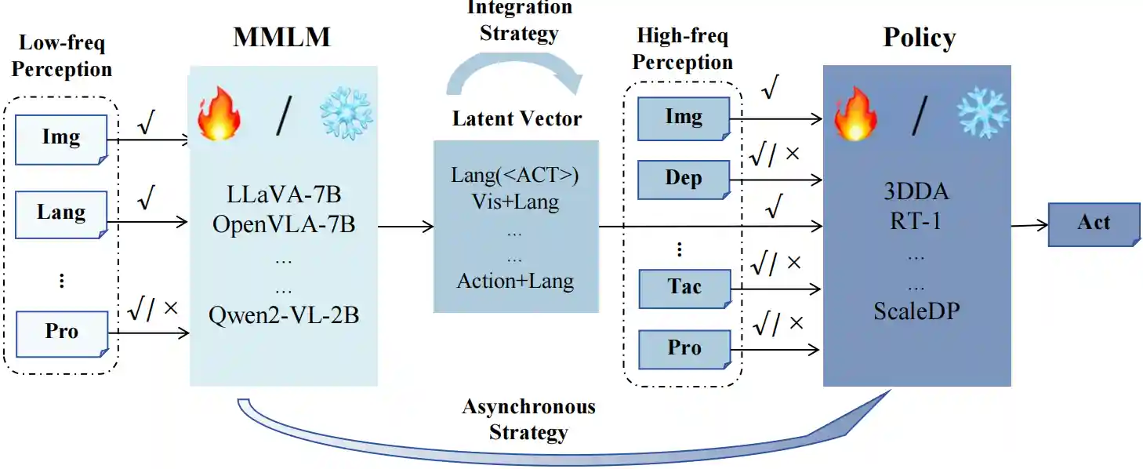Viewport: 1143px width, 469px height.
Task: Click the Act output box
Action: point(1094,224)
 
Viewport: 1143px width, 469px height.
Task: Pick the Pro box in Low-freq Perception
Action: point(61,333)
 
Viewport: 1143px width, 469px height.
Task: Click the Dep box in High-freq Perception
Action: point(684,180)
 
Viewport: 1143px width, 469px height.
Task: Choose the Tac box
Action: point(684,288)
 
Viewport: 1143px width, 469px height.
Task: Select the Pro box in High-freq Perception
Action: point(684,349)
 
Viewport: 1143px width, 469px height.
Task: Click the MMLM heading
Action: point(281,38)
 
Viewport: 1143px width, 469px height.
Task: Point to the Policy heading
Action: point(920,38)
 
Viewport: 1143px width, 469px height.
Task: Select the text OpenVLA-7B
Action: point(284,226)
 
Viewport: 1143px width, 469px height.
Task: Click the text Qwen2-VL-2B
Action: point(284,315)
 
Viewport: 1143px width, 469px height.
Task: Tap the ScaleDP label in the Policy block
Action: point(916,311)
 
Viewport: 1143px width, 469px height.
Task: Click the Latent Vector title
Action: point(517,119)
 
